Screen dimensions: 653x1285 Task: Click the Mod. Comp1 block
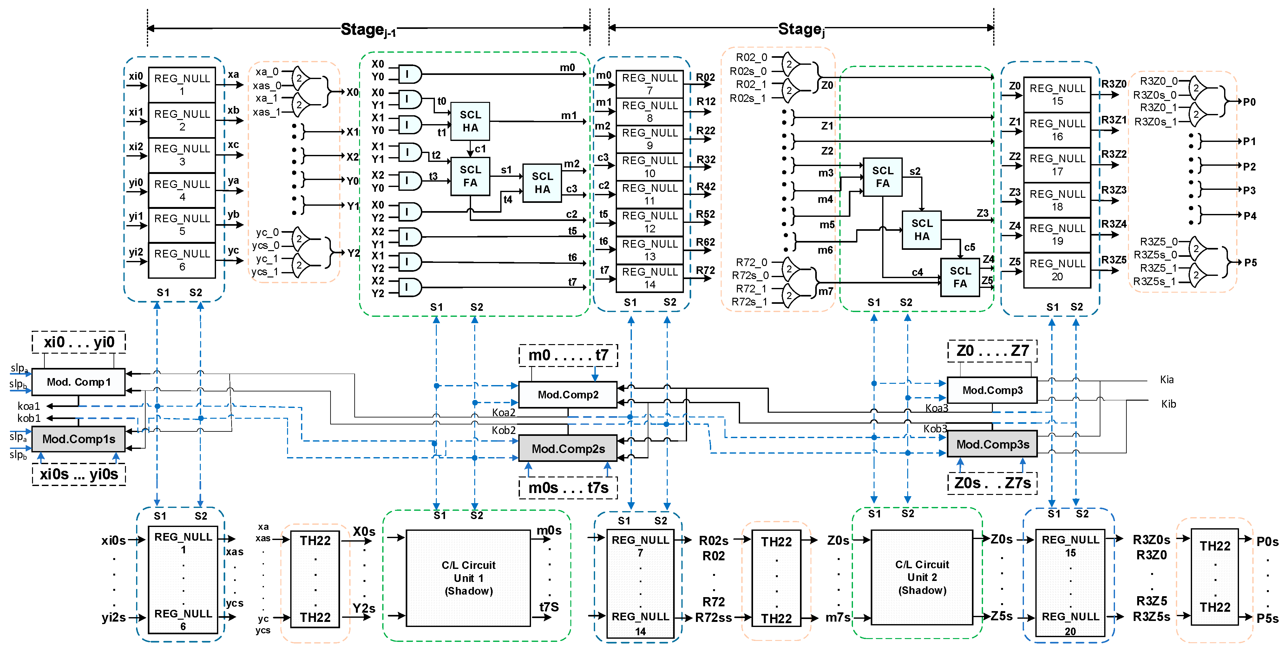pos(78,382)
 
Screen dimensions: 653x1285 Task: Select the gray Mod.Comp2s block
pos(568,448)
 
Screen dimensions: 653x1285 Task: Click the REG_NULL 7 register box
pos(650,84)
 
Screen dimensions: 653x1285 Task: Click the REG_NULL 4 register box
pos(182,190)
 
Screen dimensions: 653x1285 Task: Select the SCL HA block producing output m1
pos(470,121)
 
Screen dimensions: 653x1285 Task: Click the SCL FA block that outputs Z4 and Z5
pos(960,277)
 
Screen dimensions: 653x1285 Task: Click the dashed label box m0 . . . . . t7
pos(568,355)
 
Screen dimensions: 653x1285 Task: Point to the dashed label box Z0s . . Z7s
pos(992,483)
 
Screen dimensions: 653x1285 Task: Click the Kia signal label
pos(1166,379)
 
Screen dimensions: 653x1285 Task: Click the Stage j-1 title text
pos(368,30)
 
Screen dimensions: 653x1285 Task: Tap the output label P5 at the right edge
pos(1250,263)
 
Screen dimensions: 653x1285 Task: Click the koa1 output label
pos(29,406)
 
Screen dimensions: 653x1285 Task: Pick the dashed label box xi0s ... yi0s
pos(79,474)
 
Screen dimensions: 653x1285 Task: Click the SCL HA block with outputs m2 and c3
pos(542,183)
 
